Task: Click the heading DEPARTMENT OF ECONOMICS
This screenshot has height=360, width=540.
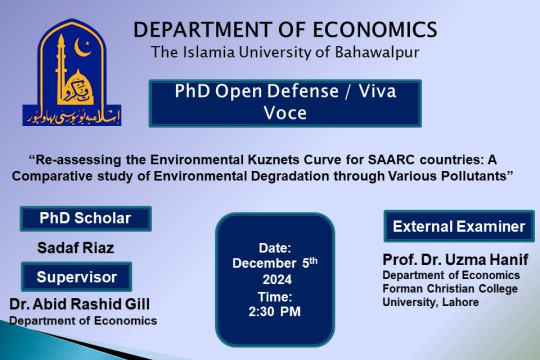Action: click(x=285, y=28)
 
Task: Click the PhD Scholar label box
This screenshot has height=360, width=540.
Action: click(x=86, y=218)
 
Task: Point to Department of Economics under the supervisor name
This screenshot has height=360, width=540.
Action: click(x=83, y=321)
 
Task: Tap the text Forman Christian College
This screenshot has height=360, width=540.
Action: click(x=442, y=287)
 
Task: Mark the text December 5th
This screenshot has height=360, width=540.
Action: click(x=274, y=262)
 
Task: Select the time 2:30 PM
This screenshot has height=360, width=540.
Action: click(x=274, y=312)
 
